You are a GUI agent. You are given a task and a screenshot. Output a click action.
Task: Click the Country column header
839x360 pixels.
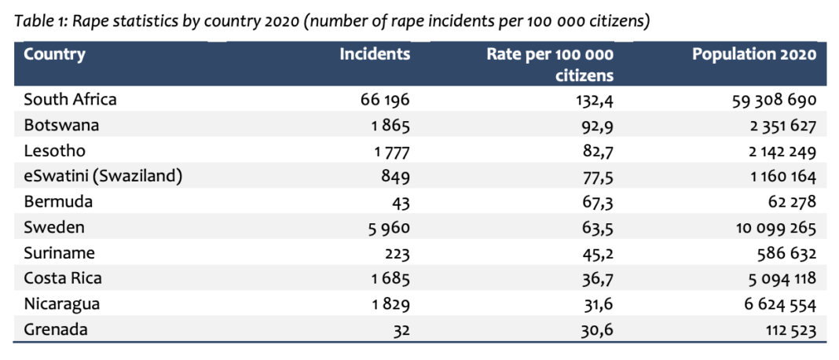pyautogui.click(x=54, y=55)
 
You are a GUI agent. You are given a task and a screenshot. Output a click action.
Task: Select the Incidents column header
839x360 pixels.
pyautogui.click(x=375, y=55)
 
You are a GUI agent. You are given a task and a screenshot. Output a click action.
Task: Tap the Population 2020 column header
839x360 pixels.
pyautogui.click(x=754, y=55)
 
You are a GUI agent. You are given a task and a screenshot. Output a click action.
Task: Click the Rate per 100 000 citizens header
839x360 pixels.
pyautogui.click(x=550, y=64)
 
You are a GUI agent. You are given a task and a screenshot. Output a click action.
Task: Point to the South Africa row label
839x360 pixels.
pyautogui.click(x=70, y=100)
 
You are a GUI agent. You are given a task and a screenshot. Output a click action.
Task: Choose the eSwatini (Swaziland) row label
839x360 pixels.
pyautogui.click(x=103, y=176)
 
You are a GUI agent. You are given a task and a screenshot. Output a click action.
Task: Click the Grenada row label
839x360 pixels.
pyautogui.click(x=56, y=329)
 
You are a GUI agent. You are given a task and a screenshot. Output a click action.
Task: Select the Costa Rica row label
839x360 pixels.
pyautogui.click(x=63, y=278)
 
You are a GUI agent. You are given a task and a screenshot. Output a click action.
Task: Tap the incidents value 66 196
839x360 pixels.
pyautogui.click(x=385, y=101)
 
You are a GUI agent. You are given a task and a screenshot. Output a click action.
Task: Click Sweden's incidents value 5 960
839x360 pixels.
pyautogui.click(x=390, y=228)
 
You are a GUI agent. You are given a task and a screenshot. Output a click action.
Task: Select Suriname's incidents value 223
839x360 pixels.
pyautogui.click(x=397, y=253)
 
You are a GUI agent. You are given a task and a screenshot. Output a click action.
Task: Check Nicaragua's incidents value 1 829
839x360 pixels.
pyautogui.click(x=390, y=304)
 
